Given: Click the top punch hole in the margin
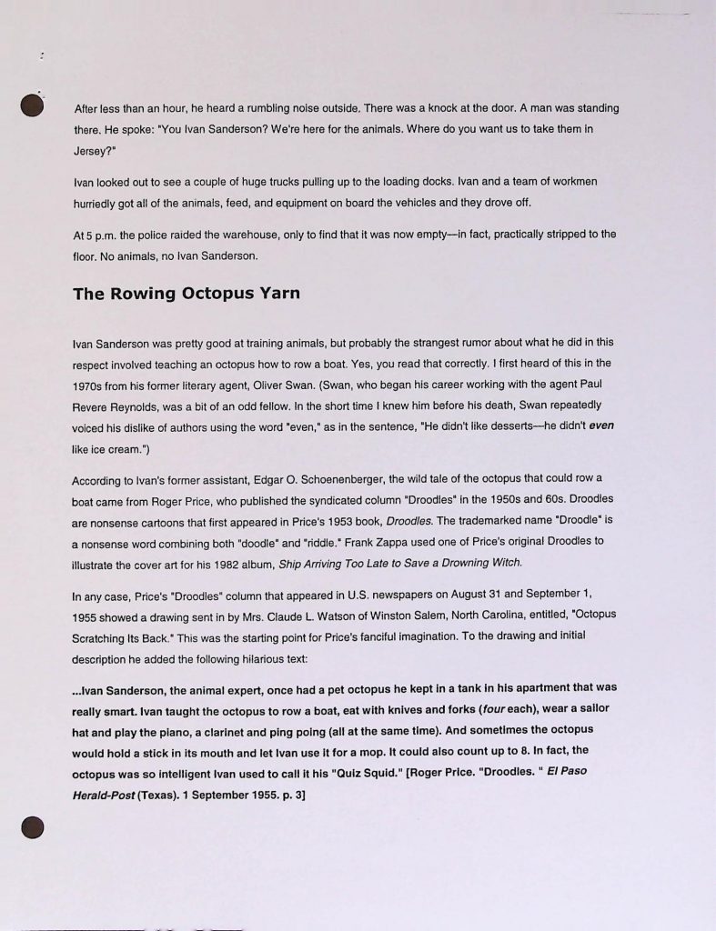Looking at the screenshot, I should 33,106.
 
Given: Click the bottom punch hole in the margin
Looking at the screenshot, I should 33,826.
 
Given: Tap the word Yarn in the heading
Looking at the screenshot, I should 280,294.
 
